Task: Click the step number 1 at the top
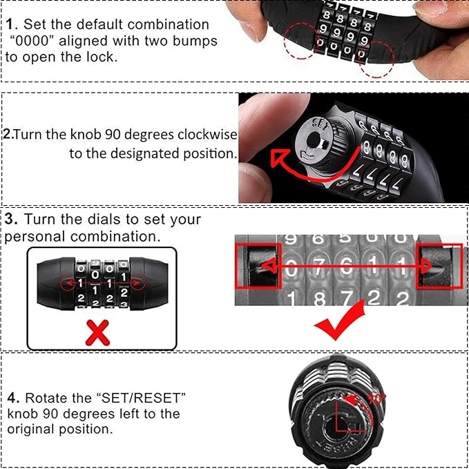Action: [x=10, y=25]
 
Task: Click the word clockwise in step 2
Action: [x=204, y=134]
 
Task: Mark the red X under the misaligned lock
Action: [x=99, y=333]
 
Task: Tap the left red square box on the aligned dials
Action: [x=258, y=266]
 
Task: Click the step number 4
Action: [x=13, y=399]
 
